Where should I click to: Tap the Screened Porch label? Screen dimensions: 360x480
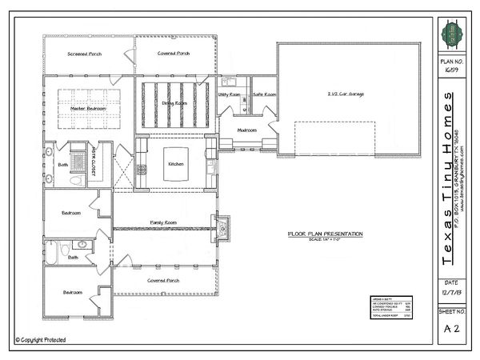click(x=83, y=54)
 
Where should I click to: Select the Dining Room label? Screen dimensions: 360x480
click(x=175, y=104)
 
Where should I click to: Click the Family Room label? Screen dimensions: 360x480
click(x=163, y=222)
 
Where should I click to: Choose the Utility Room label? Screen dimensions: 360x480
click(x=230, y=94)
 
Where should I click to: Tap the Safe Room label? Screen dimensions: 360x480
click(x=264, y=94)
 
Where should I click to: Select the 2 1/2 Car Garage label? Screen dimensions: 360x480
click(x=346, y=94)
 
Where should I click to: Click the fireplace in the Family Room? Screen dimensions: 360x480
click(x=223, y=228)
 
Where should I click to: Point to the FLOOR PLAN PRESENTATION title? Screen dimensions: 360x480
click(x=325, y=234)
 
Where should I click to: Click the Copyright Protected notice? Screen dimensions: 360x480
click(x=40, y=340)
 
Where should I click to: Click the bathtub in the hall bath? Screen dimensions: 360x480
click(x=50, y=254)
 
